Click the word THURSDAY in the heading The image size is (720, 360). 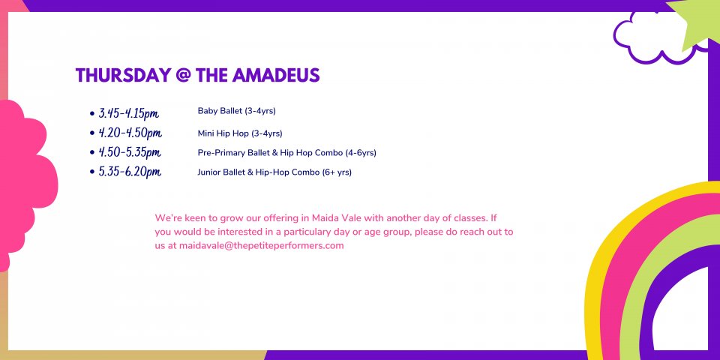point(122,75)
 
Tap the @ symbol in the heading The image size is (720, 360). point(183,76)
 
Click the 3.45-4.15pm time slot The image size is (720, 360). point(129,113)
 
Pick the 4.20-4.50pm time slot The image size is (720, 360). point(130,133)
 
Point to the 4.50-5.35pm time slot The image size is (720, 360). point(130,152)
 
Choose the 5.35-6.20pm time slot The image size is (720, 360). point(130,172)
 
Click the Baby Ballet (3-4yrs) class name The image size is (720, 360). point(236,111)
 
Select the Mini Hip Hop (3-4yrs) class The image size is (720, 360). point(240,133)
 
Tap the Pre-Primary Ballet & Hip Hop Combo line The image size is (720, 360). point(287,153)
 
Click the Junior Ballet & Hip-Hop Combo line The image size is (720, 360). point(274,172)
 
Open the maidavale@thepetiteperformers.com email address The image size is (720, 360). point(261,246)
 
